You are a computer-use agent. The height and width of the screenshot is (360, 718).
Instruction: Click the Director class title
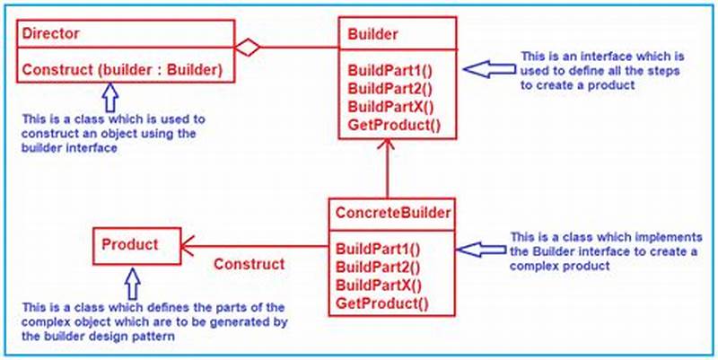(x=51, y=34)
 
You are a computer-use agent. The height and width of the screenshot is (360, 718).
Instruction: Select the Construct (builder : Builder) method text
(x=122, y=68)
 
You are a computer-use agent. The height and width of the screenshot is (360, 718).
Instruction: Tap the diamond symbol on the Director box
(x=247, y=47)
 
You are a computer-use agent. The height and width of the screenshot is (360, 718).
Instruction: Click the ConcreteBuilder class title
(x=392, y=213)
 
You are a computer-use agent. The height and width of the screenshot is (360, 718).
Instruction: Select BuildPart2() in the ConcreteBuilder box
(x=378, y=268)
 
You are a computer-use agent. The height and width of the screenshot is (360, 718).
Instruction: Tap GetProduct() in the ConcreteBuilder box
(x=381, y=303)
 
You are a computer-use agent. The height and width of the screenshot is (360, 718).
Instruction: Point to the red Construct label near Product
(x=249, y=265)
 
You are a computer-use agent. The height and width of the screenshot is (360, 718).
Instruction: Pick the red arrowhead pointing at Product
(x=190, y=245)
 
